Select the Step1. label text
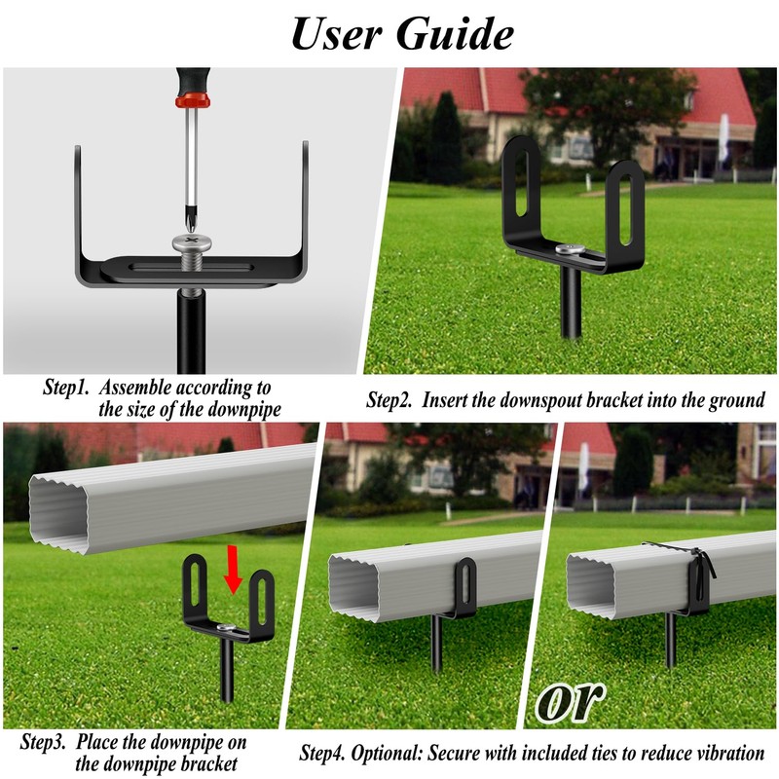(67, 388)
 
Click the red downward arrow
(232, 571)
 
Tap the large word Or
(570, 702)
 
